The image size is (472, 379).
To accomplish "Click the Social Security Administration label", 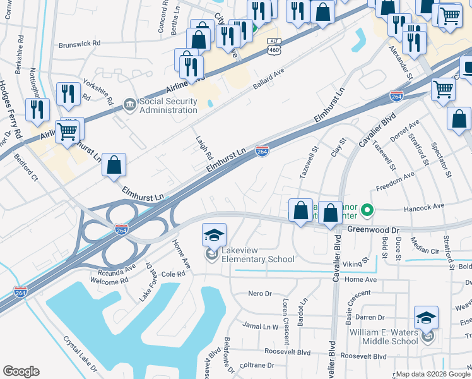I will point(168,105).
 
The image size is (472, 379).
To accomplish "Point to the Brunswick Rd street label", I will point(80,44).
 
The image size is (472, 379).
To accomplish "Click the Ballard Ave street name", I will point(269,79).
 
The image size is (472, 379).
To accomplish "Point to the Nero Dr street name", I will point(259,294).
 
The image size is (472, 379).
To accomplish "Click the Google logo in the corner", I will point(21,372).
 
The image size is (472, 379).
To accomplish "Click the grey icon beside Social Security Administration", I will point(130,104).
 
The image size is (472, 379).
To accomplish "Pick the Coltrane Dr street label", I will point(256,365).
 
